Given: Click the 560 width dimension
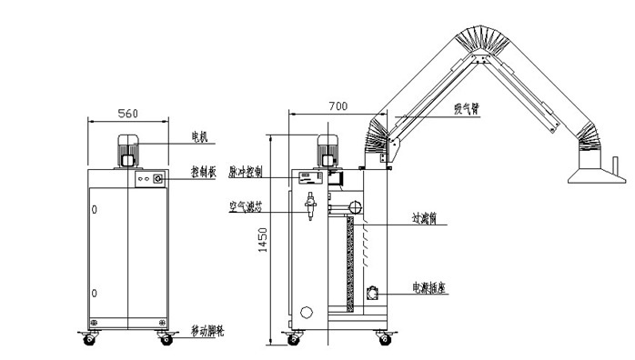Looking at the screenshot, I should click(127, 114).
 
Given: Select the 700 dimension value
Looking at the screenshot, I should click(338, 106).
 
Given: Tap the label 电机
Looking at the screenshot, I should click(199, 137).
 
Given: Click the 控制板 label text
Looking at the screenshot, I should click(202, 171).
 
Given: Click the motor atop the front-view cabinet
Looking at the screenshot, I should click(127, 150).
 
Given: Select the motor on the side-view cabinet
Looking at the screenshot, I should click(327, 150).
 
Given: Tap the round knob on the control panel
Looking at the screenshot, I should click(157, 181).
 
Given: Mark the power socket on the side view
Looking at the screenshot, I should click(373, 293).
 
